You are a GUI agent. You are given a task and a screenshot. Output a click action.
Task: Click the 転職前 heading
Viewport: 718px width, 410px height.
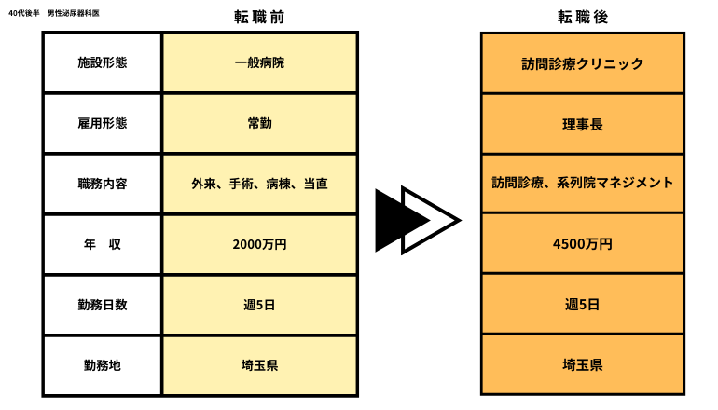[x=259, y=17]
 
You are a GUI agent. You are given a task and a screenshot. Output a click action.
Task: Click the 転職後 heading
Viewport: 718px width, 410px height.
[x=583, y=17]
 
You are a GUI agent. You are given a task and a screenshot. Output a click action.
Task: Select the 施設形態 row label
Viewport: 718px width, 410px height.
[x=103, y=62]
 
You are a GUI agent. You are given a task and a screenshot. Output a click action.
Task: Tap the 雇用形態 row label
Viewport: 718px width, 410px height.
[x=103, y=123]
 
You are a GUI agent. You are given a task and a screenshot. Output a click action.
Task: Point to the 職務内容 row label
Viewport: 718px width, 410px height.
[x=103, y=184]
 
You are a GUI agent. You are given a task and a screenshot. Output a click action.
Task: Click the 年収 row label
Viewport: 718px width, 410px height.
[x=103, y=244]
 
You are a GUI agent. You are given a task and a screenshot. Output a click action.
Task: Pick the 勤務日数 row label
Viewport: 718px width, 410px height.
[x=103, y=305]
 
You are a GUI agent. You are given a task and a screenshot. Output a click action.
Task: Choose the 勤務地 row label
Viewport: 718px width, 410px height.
[x=103, y=365]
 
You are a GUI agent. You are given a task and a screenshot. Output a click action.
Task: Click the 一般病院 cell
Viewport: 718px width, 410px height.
[x=259, y=62]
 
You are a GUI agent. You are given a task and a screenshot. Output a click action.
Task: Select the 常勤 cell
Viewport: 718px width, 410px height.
[x=259, y=123]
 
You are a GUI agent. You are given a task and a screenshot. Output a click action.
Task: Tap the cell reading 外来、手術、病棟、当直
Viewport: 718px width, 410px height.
[x=259, y=184]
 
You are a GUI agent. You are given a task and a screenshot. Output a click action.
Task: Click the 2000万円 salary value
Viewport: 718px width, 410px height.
[x=259, y=244]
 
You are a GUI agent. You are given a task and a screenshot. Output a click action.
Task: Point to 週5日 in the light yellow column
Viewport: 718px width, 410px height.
[x=259, y=305]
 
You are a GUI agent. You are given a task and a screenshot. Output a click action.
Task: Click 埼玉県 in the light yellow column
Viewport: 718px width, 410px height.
[x=259, y=365]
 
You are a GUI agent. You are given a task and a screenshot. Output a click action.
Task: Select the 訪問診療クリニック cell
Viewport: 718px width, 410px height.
[x=583, y=63]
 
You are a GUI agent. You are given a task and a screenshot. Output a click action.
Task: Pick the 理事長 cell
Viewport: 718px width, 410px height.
[x=583, y=124]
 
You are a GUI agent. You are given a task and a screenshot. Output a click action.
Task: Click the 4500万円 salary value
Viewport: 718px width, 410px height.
[x=583, y=244]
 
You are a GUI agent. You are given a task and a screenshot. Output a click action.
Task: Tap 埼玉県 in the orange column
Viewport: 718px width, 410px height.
[x=583, y=364]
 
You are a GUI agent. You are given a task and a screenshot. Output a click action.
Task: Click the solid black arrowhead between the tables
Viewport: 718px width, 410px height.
[x=394, y=220]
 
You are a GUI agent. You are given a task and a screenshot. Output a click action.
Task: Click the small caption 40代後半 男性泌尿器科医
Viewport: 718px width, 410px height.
[x=54, y=13]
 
